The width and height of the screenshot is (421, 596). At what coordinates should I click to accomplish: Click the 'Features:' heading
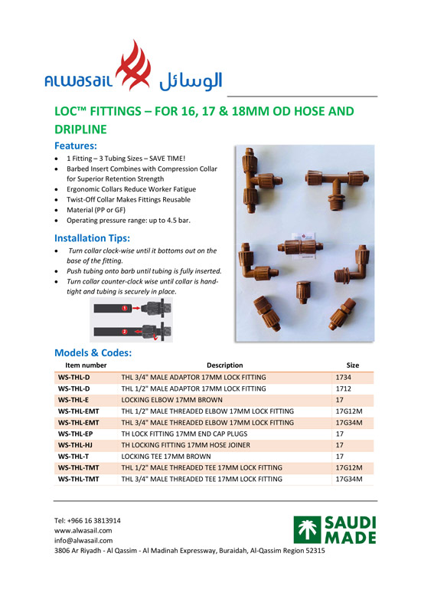pyautogui.click(x=75, y=145)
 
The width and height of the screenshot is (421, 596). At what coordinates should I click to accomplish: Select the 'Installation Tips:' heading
pyautogui.click(x=96, y=237)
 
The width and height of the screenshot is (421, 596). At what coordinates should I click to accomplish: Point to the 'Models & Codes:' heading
pyautogui.click(x=93, y=352)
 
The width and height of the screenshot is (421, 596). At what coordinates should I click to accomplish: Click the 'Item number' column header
pyautogui.click(x=86, y=365)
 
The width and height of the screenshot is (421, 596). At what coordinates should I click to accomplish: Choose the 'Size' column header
pyautogui.click(x=352, y=365)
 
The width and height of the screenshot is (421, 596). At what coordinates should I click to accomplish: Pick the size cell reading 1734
pyautogui.click(x=344, y=378)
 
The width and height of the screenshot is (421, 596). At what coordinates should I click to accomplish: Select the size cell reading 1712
pyautogui.click(x=344, y=389)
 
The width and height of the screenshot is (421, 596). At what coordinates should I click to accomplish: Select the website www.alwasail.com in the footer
pyautogui.click(x=83, y=530)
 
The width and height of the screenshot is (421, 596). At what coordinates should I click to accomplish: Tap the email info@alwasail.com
pyautogui.click(x=83, y=540)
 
